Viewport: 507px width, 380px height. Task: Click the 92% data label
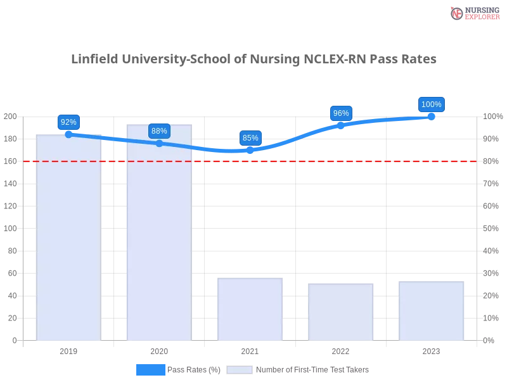[x=68, y=122]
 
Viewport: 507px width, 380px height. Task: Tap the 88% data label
[x=159, y=131]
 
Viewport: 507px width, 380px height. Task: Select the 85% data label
[x=250, y=138]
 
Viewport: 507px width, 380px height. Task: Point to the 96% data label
[x=341, y=113]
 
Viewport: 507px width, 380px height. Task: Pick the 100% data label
[x=432, y=104]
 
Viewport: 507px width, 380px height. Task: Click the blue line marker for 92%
[x=68, y=134]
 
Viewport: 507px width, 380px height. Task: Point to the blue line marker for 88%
[x=159, y=144]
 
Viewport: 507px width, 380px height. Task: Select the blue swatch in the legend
[x=150, y=369]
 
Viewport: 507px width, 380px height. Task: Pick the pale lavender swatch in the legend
[x=240, y=369]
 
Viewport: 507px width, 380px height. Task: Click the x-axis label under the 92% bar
[x=68, y=350]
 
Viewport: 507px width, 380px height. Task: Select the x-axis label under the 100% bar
[x=431, y=350]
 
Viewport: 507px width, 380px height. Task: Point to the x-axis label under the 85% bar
[x=248, y=350]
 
